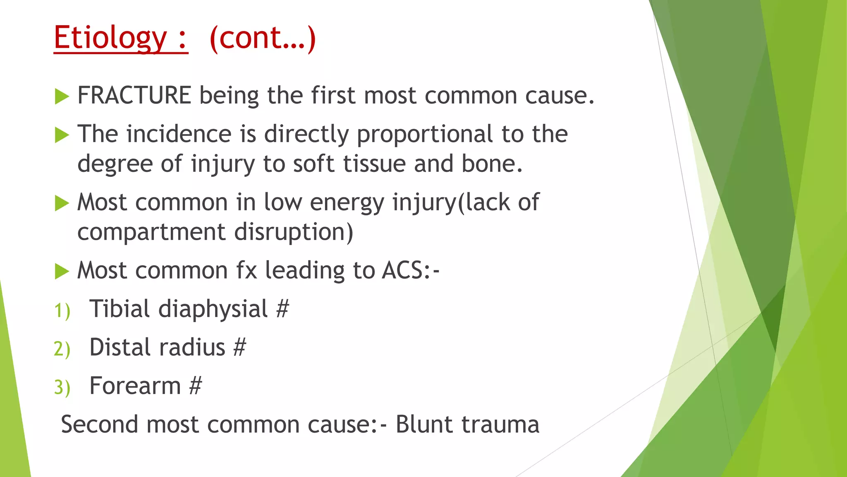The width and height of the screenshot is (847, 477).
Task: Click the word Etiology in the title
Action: (x=110, y=38)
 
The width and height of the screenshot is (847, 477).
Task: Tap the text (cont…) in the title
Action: (x=263, y=38)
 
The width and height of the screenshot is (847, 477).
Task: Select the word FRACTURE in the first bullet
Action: (x=134, y=96)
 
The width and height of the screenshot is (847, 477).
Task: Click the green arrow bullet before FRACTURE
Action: (x=62, y=96)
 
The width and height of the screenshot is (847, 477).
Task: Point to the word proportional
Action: (x=425, y=135)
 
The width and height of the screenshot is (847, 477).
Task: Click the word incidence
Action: (x=179, y=135)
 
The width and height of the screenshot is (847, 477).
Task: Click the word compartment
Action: (x=151, y=232)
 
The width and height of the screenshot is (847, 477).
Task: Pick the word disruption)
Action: (x=294, y=232)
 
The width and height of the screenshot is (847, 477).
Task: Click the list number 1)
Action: (x=62, y=311)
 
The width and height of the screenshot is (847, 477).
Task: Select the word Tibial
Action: (x=120, y=309)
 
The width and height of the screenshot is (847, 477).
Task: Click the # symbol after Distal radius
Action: (x=239, y=347)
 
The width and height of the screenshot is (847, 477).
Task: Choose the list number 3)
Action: (x=62, y=388)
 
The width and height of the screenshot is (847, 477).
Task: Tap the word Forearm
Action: (x=135, y=386)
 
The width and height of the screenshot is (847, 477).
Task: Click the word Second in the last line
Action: (x=99, y=425)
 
